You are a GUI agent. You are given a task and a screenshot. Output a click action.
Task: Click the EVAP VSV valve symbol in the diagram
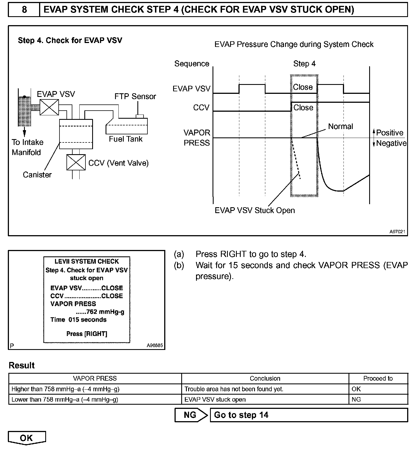(x=49, y=107)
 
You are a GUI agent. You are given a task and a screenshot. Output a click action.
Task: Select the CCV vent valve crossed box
(x=76, y=162)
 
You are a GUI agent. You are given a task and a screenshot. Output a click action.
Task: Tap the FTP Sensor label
(x=135, y=97)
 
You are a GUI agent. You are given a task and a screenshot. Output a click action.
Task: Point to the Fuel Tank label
(x=126, y=139)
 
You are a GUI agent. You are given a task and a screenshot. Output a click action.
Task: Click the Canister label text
(x=37, y=175)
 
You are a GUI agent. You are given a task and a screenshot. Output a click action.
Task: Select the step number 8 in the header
(x=24, y=10)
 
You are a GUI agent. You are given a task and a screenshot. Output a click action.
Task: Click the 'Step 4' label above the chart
(x=304, y=64)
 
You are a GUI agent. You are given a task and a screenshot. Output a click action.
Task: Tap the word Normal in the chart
(x=340, y=127)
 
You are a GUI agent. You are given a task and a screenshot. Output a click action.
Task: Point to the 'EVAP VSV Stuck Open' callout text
(x=255, y=210)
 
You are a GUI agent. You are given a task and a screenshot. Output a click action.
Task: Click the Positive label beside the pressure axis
(x=390, y=133)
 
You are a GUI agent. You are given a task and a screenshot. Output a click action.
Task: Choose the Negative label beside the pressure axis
(x=391, y=143)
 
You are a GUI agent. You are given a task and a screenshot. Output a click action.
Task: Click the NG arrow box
(x=191, y=415)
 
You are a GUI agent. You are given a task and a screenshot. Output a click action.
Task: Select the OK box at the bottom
(x=27, y=438)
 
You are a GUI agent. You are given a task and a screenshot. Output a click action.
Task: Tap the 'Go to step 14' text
(x=241, y=415)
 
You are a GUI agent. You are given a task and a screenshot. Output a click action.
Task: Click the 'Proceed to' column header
(x=378, y=378)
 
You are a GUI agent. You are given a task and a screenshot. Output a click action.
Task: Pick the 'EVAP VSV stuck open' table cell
(x=215, y=399)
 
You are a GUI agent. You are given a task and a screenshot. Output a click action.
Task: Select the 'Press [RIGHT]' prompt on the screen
(x=87, y=334)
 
